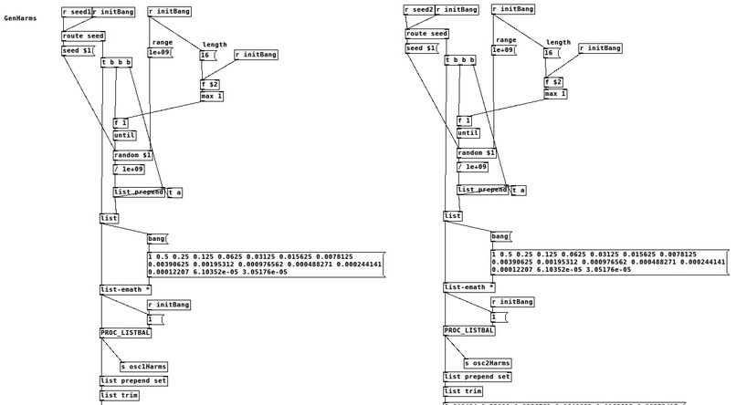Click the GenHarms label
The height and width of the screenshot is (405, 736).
click(x=19, y=18)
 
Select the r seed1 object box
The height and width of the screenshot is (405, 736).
click(x=76, y=12)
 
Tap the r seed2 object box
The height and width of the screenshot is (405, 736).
click(x=419, y=10)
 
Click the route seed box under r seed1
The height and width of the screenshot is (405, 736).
click(x=83, y=36)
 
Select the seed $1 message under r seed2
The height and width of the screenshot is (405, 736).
click(x=421, y=48)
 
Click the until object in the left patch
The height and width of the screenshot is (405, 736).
click(x=123, y=135)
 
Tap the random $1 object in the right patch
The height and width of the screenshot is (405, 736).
click(x=476, y=153)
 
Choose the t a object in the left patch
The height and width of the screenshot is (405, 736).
click(x=175, y=192)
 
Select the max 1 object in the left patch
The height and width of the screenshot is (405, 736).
click(x=212, y=96)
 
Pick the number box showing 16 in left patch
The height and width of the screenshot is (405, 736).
click(x=206, y=54)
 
